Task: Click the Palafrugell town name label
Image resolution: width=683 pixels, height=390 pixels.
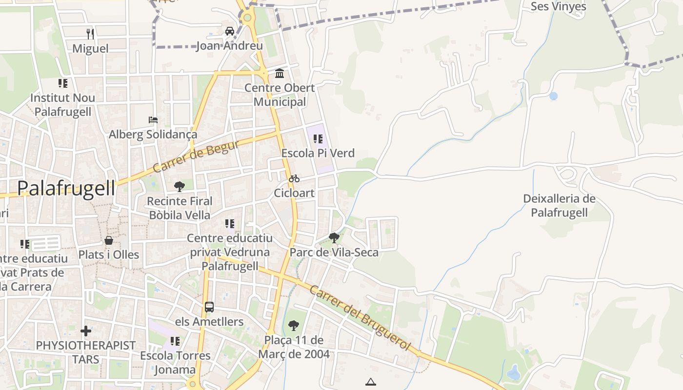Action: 66,188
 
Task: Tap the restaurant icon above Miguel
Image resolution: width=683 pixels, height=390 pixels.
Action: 90,34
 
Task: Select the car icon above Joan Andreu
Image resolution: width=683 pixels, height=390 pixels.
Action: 229,31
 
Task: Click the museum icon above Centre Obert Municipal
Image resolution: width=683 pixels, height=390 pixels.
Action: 280,74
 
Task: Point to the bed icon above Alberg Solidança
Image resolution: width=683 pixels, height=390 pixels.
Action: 153,120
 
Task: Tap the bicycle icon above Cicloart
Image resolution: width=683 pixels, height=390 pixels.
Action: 294,178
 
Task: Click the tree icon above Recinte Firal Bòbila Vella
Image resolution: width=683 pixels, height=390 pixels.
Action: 180,186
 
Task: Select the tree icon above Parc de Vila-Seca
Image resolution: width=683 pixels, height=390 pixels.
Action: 334,238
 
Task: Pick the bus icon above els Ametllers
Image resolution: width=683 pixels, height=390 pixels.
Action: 209,307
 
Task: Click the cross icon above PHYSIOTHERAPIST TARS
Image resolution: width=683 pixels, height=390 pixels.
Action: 86,331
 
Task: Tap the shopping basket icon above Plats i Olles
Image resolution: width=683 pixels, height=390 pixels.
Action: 109,240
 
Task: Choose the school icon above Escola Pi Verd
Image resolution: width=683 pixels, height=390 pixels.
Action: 318,139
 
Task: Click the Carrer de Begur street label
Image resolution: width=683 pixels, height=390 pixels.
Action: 196,156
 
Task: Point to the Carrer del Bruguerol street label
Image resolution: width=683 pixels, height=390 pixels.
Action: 360,317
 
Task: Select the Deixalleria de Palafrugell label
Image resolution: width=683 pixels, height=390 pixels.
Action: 559,206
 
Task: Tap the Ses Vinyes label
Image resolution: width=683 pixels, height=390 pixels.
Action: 558,6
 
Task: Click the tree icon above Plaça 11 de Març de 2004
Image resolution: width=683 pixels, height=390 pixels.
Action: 294,325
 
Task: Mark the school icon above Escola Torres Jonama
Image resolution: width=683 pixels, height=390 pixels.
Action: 175,341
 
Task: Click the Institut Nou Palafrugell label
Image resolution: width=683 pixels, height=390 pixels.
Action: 62,104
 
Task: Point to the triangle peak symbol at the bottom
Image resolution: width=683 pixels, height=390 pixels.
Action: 371,382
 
